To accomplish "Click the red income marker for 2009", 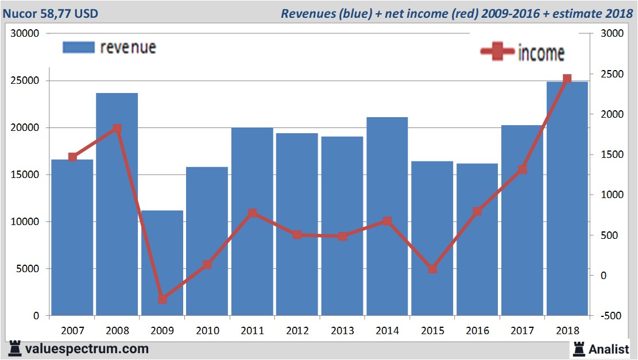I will (x=163, y=299).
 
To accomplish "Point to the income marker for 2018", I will (x=567, y=79).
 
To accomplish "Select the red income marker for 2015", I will (x=432, y=269).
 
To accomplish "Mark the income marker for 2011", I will (x=252, y=213).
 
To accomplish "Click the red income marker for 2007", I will (x=72, y=157).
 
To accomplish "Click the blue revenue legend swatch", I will (x=78, y=47).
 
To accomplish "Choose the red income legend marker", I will (x=497, y=52).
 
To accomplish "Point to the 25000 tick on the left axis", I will (x=25, y=80).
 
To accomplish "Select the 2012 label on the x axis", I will (x=297, y=331).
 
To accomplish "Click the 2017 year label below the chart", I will (x=522, y=331).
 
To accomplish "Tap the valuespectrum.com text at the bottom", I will (x=87, y=349).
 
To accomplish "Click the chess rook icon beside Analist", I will (x=579, y=348).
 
